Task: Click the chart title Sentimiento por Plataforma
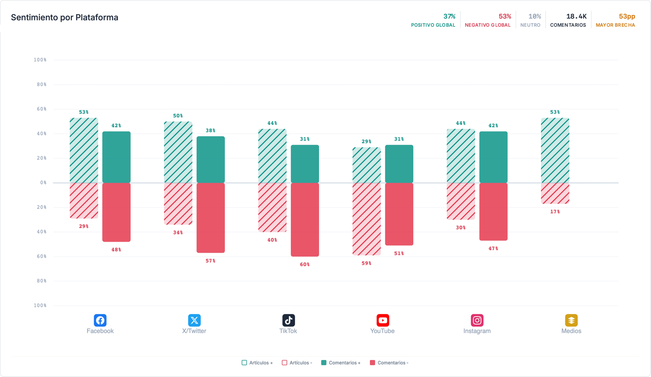tap(65, 17)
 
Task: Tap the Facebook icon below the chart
tap(100, 320)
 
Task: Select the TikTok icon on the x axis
tap(288, 320)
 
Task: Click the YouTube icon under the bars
tap(383, 320)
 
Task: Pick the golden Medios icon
tap(571, 320)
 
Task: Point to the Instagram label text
tap(477, 331)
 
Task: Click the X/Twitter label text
tap(194, 331)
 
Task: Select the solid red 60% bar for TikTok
tap(305, 220)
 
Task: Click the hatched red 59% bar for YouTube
tap(367, 219)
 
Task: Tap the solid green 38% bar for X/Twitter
tap(211, 160)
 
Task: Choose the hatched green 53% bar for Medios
tap(555, 150)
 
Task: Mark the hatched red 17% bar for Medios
tap(555, 193)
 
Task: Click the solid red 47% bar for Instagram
tap(494, 212)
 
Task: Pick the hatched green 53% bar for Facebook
tap(84, 150)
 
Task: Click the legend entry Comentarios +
tap(341, 363)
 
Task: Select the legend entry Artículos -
tap(297, 363)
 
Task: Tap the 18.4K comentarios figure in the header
tap(576, 16)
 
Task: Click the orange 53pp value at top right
tap(627, 16)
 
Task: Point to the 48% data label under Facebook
tap(116, 249)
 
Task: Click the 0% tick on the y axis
tap(43, 182)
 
